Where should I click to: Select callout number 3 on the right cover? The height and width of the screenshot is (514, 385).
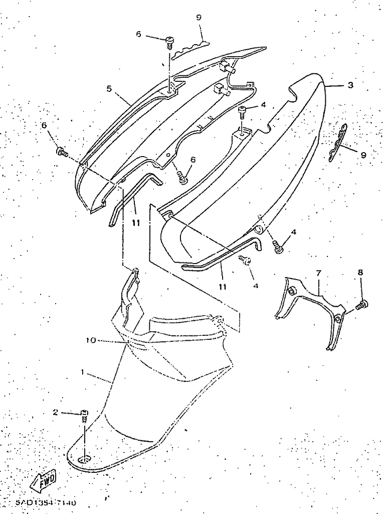(x=351, y=85)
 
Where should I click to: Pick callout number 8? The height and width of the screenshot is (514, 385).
(x=360, y=273)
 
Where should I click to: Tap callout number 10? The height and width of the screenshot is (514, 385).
(x=90, y=340)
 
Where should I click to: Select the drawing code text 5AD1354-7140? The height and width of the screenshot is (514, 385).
(x=45, y=502)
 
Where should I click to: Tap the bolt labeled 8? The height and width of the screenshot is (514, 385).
(x=361, y=304)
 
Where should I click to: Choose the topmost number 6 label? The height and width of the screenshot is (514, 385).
(x=138, y=34)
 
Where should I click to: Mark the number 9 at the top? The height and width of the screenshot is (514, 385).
(x=199, y=18)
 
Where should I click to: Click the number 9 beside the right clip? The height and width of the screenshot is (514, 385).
(x=363, y=156)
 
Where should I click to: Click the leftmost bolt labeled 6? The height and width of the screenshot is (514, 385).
(x=62, y=151)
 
